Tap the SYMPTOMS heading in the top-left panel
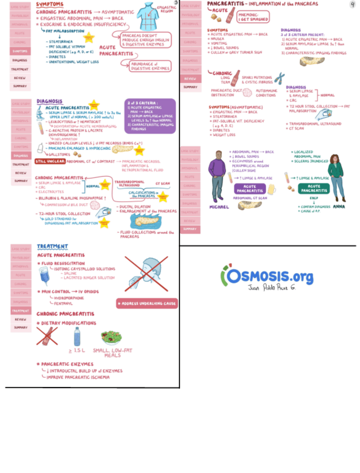(x=50, y=4)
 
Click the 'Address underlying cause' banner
(x=147, y=303)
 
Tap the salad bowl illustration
(x=111, y=337)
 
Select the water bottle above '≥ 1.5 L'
(x=77, y=336)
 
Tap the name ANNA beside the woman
(x=339, y=206)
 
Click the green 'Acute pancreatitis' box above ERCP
(x=314, y=189)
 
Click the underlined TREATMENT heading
(x=52, y=246)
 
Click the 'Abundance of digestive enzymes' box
(x=149, y=66)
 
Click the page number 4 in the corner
(x=352, y=4)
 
